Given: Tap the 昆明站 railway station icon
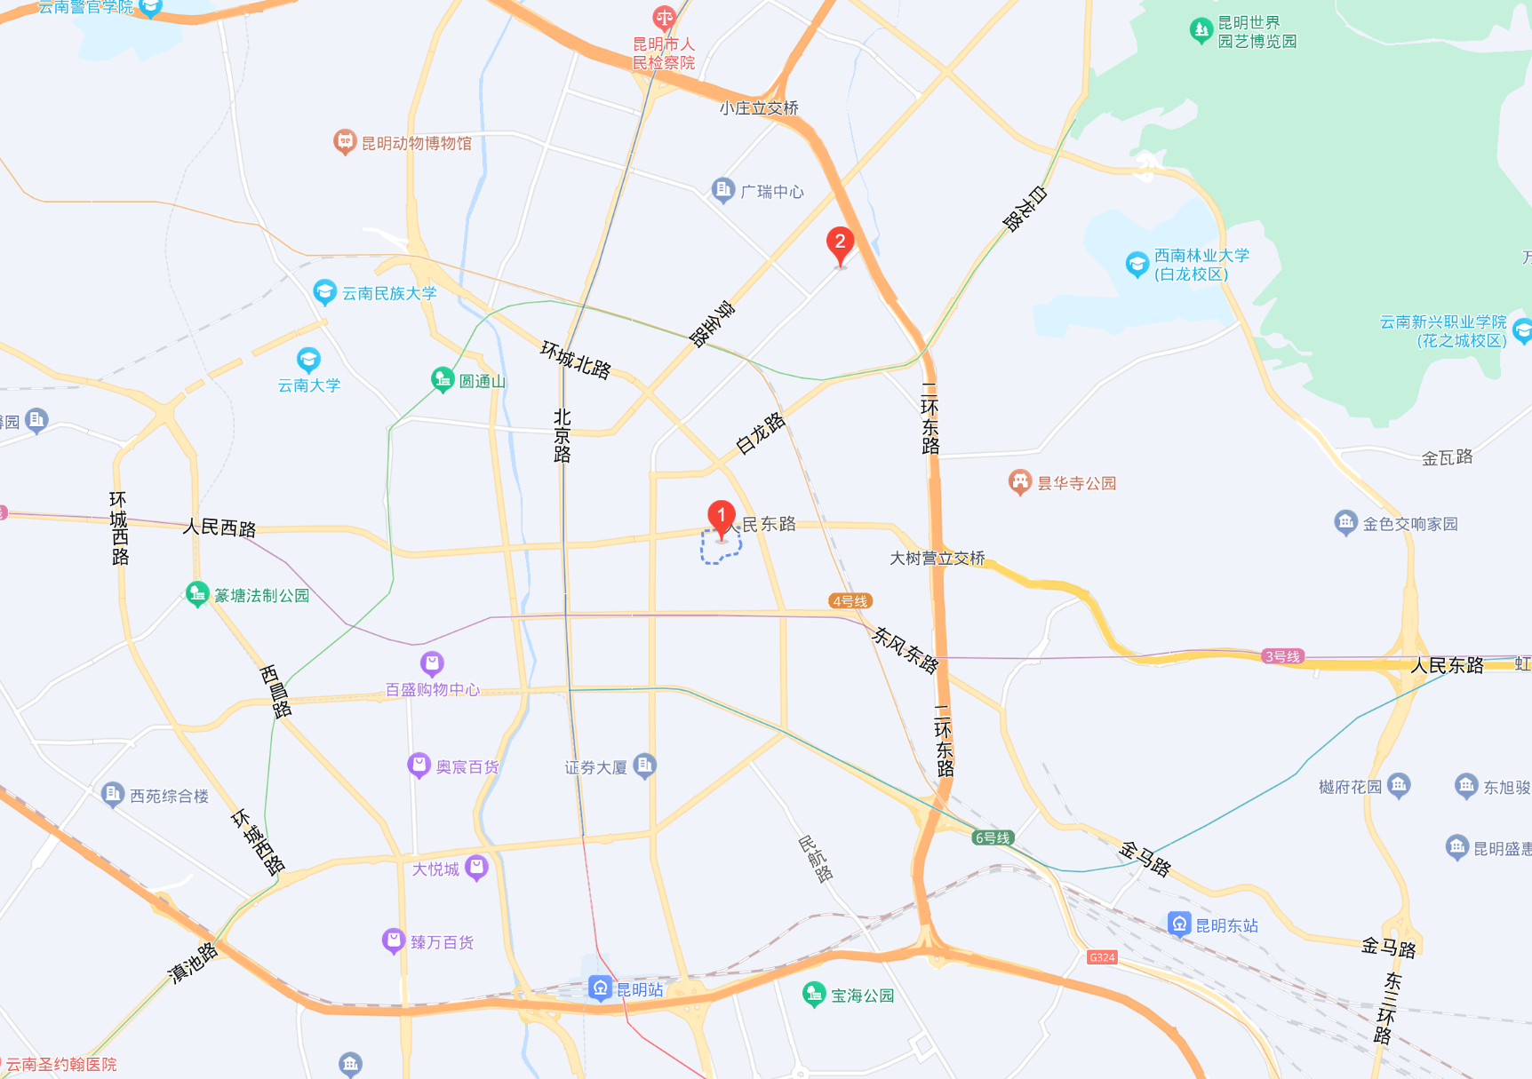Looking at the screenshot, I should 600,988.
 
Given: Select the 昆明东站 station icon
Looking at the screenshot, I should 1179,924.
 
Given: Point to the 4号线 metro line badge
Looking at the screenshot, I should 850,601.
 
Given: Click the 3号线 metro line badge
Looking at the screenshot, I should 1282,656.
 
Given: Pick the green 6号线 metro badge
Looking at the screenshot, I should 993,837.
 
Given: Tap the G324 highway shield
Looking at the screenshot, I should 1102,957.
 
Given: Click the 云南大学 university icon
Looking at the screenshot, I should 308,360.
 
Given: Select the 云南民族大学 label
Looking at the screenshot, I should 389,293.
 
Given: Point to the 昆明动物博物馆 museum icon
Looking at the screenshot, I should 344,141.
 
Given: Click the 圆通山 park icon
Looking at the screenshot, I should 443,380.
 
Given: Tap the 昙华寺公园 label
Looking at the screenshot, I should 1076,483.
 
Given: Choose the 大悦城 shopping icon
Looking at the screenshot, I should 477,867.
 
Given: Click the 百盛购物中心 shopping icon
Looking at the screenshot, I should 432,663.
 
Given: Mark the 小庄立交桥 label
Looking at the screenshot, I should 759,108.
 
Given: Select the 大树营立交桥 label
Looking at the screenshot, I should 938,559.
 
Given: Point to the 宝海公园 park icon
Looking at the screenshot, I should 813,994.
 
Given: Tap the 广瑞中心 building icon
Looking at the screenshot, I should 723,190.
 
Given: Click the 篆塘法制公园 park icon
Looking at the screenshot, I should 197,593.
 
